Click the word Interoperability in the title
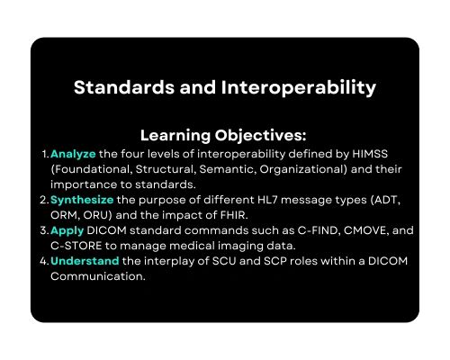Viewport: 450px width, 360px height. [x=289, y=88]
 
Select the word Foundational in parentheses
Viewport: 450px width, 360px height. [x=92, y=169]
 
